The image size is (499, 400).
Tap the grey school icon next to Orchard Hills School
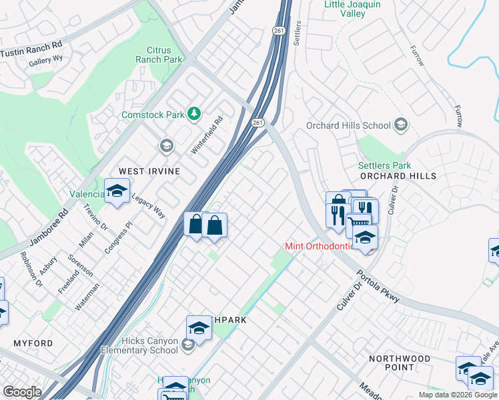click(401, 125)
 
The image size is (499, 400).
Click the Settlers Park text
click(384, 165)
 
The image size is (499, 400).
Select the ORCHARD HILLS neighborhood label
click(398, 176)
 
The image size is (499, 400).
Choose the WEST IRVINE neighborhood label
click(149, 171)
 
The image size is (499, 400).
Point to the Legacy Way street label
click(147, 206)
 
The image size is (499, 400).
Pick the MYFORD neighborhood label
click(33, 343)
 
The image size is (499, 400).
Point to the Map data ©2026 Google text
click(457, 395)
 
